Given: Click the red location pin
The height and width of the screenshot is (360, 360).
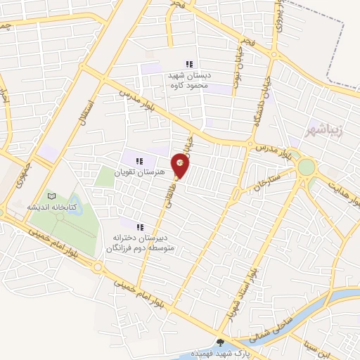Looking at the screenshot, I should pos(181,166).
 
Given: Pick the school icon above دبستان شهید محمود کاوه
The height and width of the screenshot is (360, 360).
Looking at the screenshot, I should pos(188,64).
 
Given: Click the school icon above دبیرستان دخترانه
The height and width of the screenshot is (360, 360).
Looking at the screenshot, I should pos(139,226).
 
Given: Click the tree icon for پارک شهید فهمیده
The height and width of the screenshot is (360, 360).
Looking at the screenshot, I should pos(221,343).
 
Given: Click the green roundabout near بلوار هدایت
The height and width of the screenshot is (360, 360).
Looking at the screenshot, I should pos(307,167).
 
